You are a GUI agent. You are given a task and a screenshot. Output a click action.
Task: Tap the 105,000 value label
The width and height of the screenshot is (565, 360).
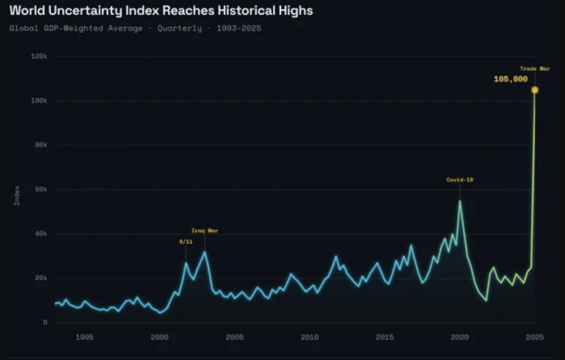point(510,80)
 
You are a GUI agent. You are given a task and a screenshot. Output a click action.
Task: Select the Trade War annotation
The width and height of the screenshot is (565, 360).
point(534,68)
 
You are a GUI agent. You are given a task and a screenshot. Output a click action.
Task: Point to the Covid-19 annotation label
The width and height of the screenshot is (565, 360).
point(459,180)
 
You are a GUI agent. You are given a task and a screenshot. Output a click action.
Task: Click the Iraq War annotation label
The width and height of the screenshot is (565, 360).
point(205,231)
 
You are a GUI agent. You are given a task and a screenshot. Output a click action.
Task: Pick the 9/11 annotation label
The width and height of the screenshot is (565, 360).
point(185,241)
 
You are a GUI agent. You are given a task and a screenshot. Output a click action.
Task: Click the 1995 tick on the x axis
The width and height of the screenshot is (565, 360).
point(84,337)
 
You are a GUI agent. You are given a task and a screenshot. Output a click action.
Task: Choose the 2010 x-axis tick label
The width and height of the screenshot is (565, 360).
point(310,337)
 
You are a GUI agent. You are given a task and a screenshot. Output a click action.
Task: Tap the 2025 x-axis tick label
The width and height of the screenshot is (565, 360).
point(534,337)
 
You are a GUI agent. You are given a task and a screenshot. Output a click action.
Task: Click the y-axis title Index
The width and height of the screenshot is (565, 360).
point(17,195)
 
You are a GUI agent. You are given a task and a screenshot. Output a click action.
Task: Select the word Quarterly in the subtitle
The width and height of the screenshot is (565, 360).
point(180,28)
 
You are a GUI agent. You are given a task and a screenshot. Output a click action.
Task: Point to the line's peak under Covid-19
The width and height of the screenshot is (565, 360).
point(459,201)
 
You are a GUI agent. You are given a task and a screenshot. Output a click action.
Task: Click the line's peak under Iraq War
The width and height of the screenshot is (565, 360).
point(205,251)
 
